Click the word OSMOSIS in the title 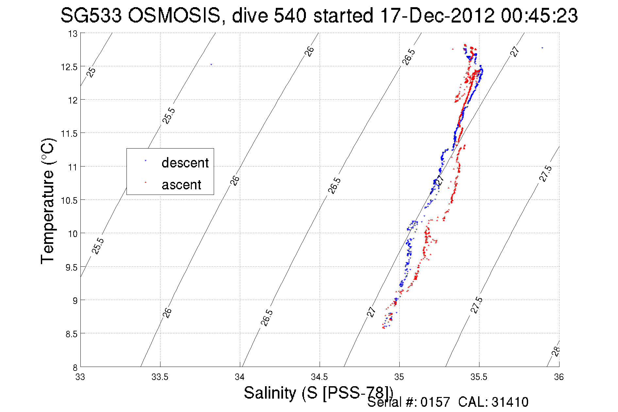[174, 15]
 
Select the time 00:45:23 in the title [539, 15]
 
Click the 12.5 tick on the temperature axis [69, 67]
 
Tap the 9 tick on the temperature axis [75, 300]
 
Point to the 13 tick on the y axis [73, 34]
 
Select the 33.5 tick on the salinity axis [160, 377]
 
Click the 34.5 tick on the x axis [319, 377]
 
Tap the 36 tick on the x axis [559, 377]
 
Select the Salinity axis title [318, 392]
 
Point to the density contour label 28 [556, 351]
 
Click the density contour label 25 [92, 72]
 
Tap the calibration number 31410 [510, 402]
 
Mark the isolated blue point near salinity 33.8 [211, 65]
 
